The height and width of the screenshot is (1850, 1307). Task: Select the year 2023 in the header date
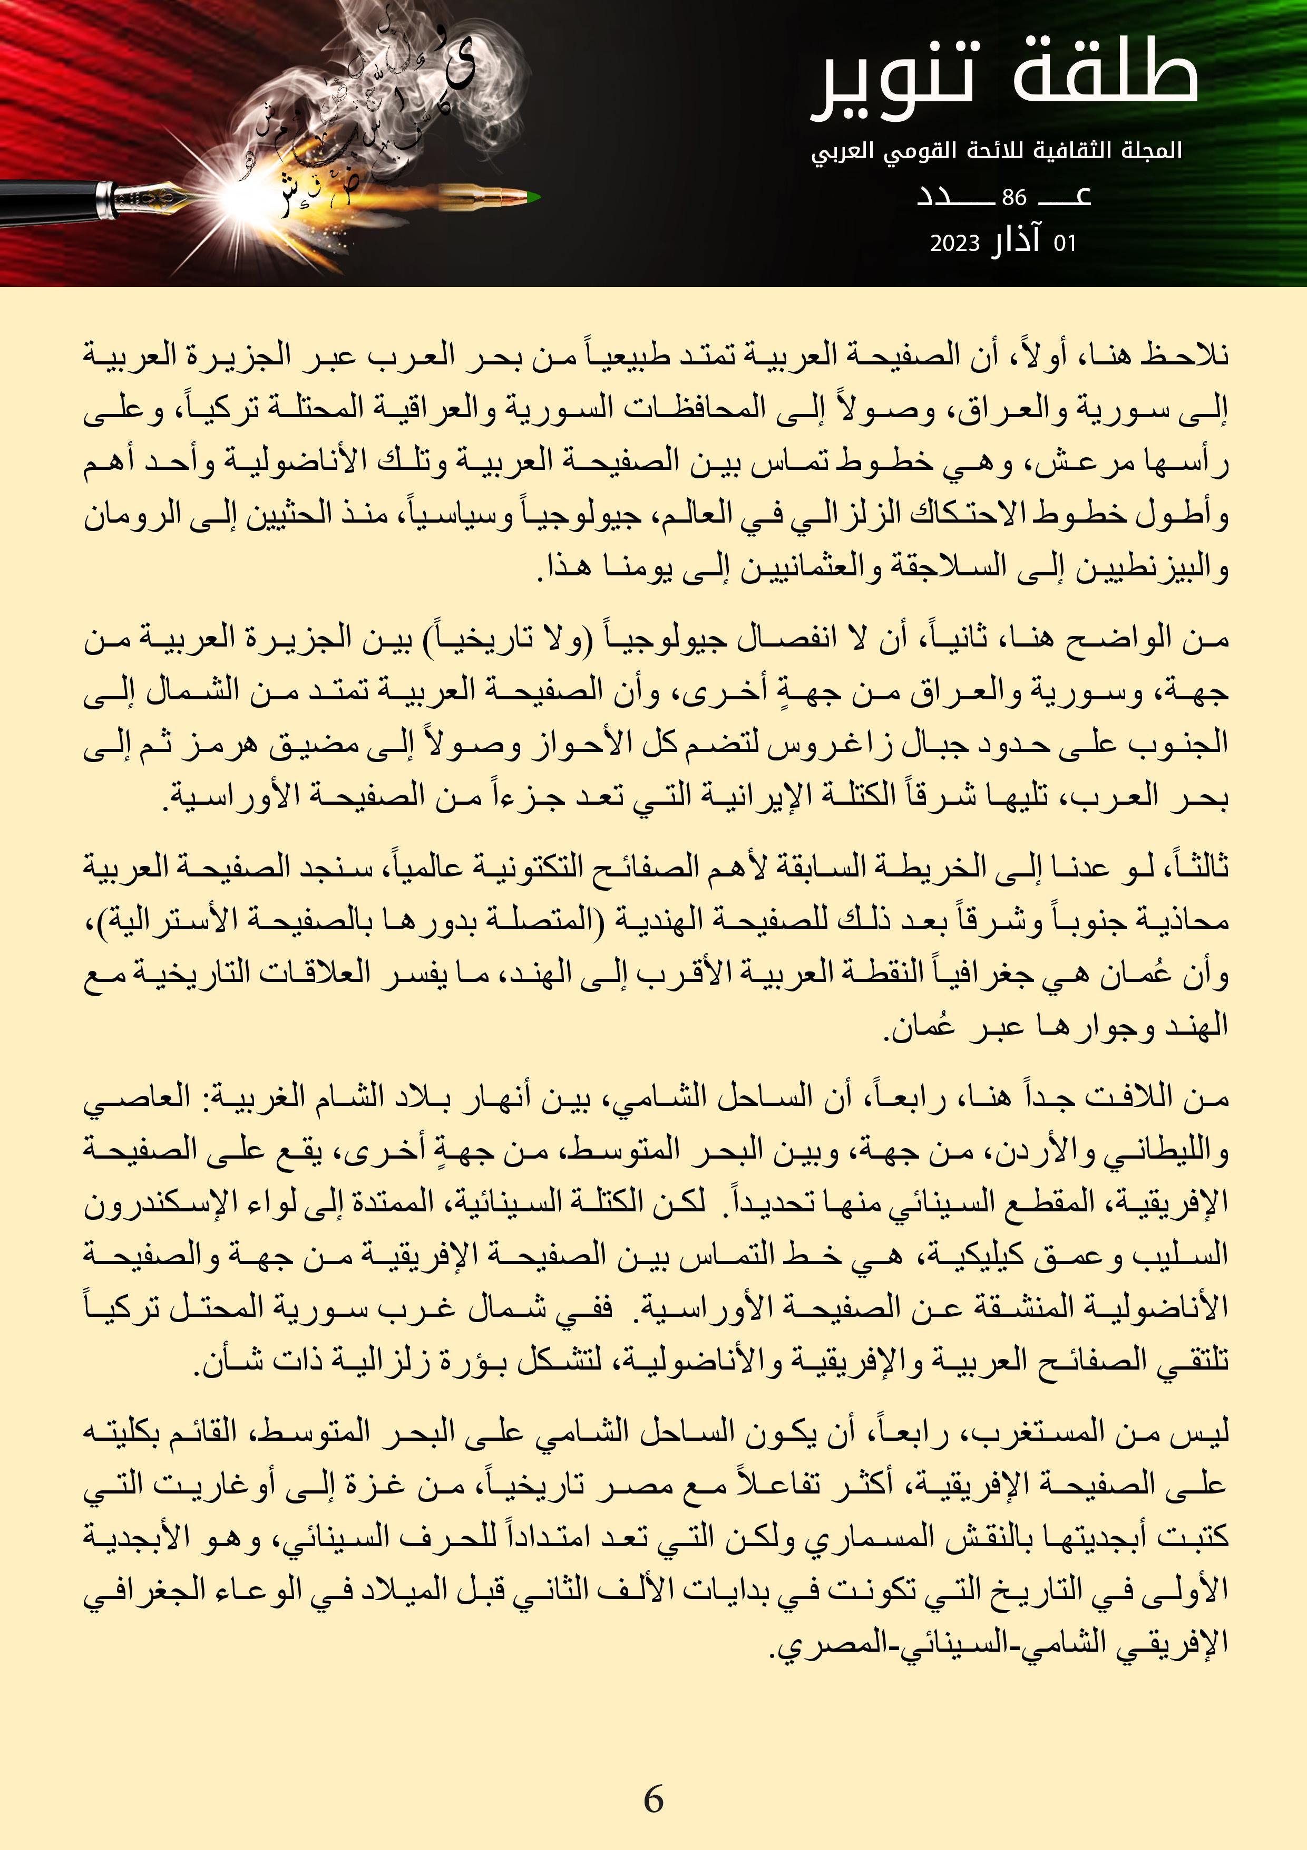[954, 243]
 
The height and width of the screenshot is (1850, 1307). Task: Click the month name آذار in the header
[1016, 242]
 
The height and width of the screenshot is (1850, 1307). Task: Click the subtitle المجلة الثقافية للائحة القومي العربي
[996, 151]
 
